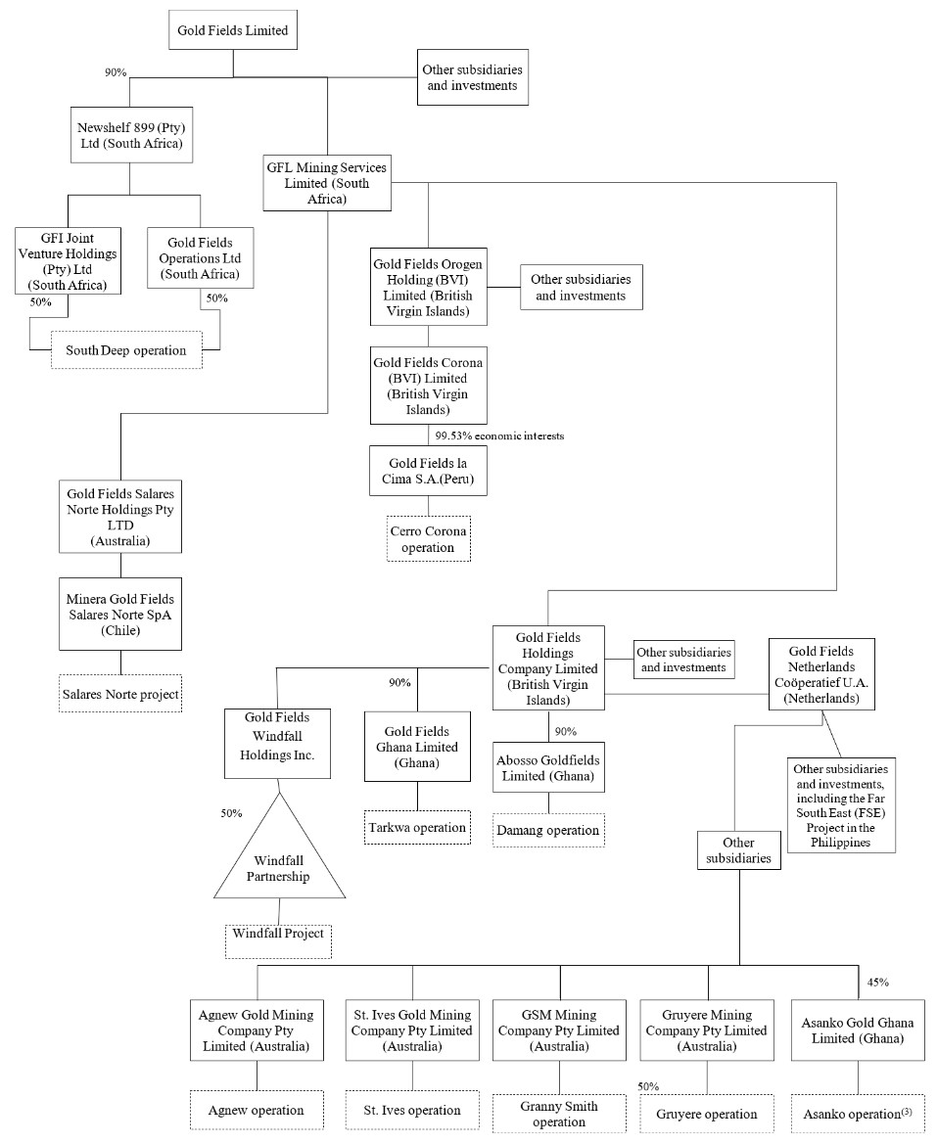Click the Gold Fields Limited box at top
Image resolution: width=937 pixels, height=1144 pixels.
coord(233,30)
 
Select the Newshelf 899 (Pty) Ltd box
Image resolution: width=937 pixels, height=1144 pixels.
coord(130,135)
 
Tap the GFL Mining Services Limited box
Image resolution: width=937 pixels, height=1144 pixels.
coord(327,183)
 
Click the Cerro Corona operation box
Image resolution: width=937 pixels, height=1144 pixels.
coord(428,538)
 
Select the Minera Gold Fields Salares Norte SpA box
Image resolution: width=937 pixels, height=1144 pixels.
coord(120,614)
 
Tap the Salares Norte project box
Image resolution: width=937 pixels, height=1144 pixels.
coord(120,694)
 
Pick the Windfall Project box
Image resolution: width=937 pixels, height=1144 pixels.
coord(279,940)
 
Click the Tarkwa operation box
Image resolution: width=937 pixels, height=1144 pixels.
coord(417,827)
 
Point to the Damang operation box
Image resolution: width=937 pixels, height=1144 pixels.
coord(547,830)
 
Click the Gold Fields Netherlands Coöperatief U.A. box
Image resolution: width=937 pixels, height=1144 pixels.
coord(821,673)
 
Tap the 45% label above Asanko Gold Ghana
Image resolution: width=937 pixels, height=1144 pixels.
coord(878,982)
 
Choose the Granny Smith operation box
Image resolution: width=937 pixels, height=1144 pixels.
coord(558,1114)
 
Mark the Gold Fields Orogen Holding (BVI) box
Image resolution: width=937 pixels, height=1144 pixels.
coord(428,286)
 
